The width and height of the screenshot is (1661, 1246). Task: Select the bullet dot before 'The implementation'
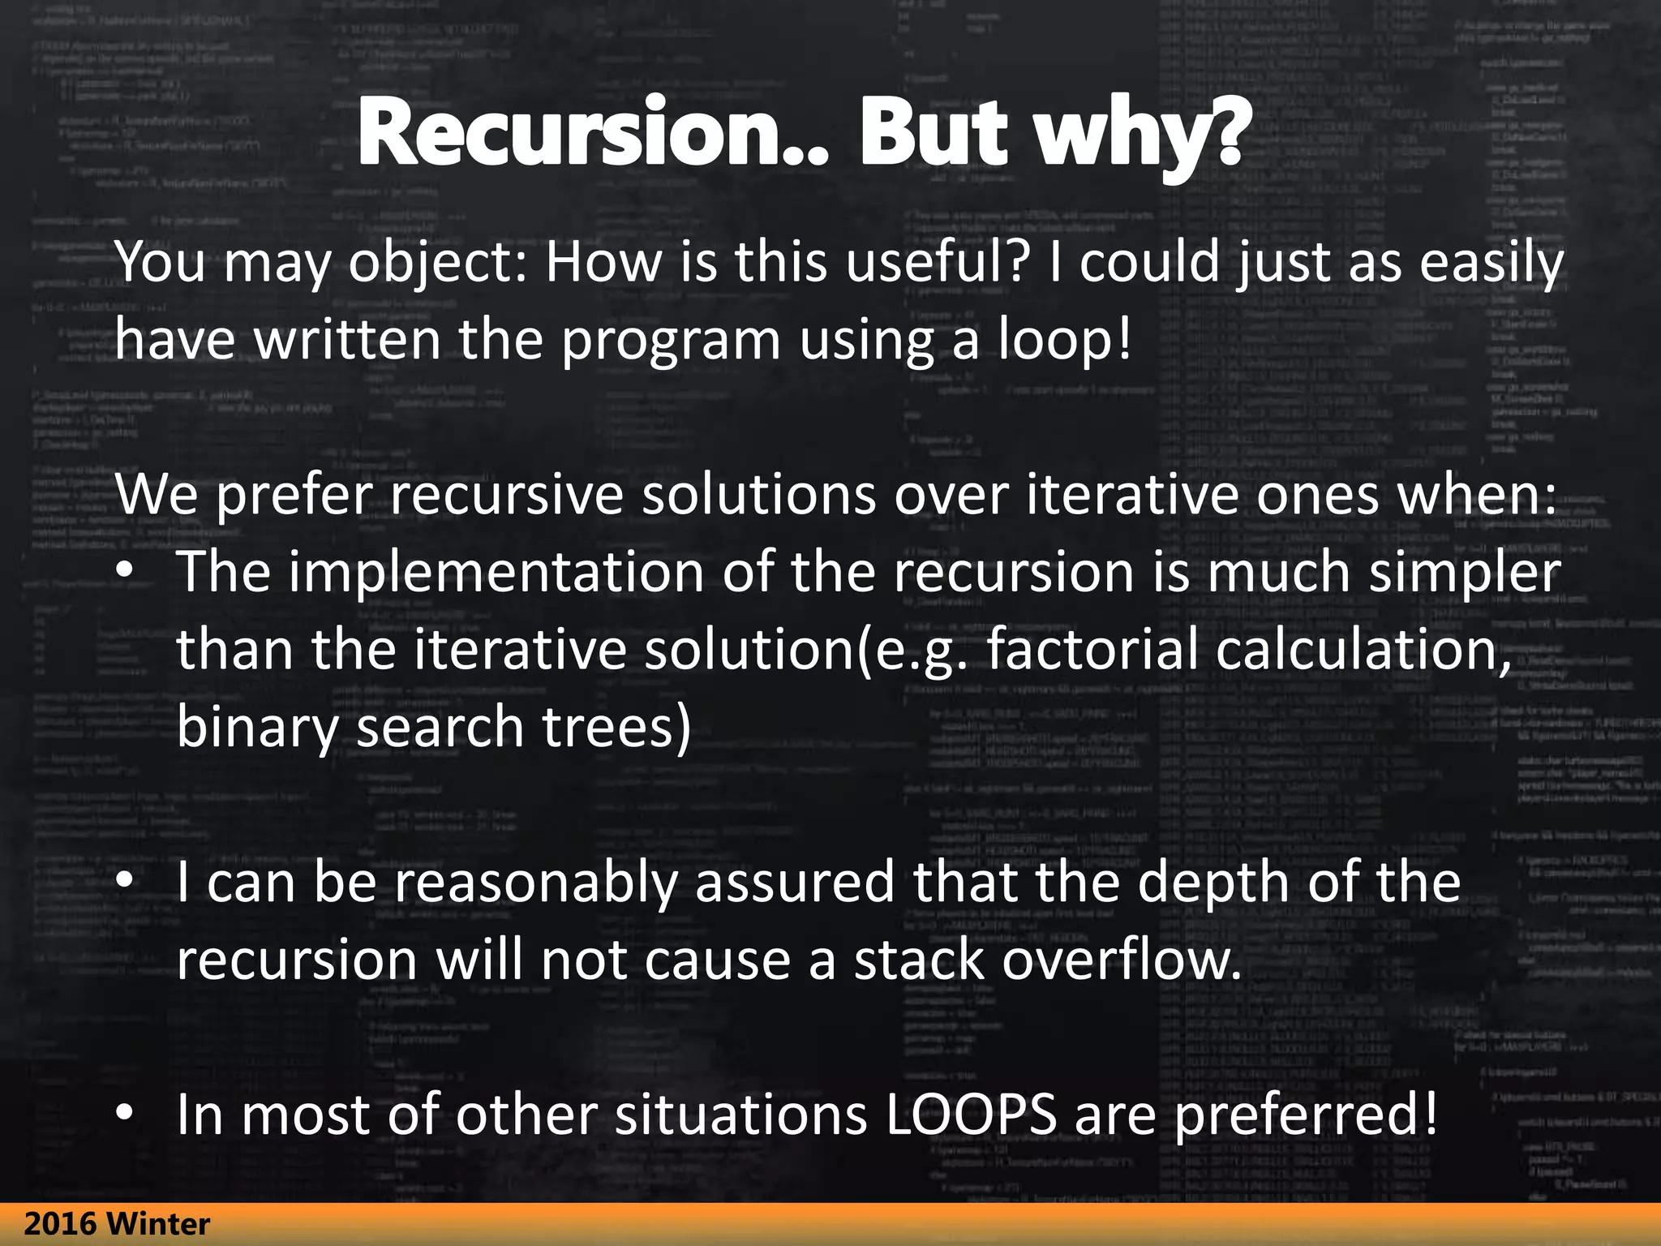pos(123,572)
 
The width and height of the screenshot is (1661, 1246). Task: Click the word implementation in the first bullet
pos(496,571)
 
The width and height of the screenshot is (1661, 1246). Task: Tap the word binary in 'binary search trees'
pos(257,727)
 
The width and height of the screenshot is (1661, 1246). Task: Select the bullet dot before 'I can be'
pos(123,882)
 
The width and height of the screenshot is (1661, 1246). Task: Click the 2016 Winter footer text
pos(118,1223)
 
